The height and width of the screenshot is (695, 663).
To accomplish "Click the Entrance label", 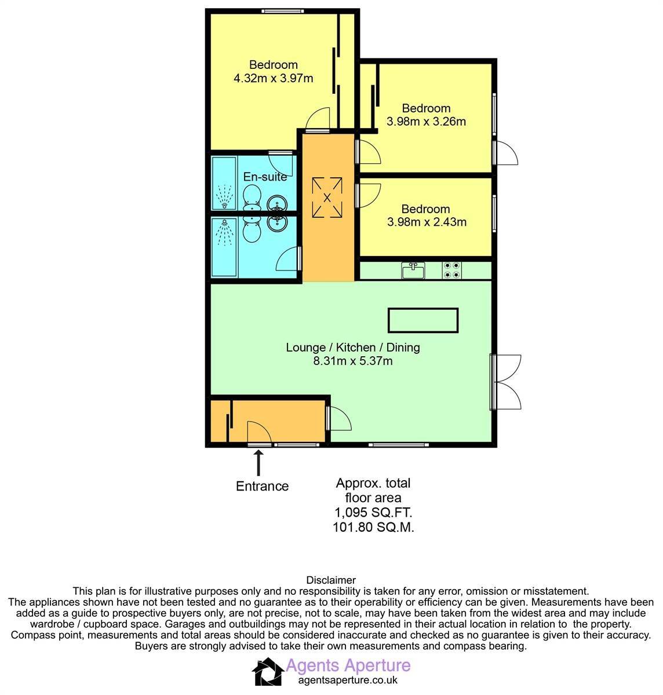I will pyautogui.click(x=262, y=486).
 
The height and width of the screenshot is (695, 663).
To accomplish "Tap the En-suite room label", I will pyautogui.click(x=265, y=177).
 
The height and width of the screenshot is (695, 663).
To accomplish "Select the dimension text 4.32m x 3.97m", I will pyautogui.click(x=273, y=78).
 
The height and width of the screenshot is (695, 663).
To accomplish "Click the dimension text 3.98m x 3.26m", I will pyautogui.click(x=426, y=122).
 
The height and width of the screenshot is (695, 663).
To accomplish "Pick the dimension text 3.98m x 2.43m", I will pyautogui.click(x=426, y=222).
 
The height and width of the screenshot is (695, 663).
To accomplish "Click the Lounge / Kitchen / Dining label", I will pyautogui.click(x=352, y=348).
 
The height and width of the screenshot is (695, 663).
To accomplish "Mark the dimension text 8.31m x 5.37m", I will pyautogui.click(x=352, y=361).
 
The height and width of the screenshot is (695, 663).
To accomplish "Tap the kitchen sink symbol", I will pyautogui.click(x=413, y=270).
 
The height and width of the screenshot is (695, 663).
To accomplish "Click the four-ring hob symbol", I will pyautogui.click(x=452, y=270).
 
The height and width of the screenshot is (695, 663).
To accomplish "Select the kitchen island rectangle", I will pyautogui.click(x=423, y=320).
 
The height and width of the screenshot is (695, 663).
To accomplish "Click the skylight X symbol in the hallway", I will pyautogui.click(x=327, y=197).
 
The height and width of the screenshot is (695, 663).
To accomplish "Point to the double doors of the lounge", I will pyautogui.click(x=508, y=382).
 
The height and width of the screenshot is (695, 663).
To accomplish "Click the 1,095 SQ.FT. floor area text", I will pyautogui.click(x=373, y=513).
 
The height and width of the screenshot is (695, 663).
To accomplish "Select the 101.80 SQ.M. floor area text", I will pyautogui.click(x=373, y=527).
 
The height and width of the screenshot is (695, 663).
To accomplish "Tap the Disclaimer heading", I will pyautogui.click(x=330, y=580).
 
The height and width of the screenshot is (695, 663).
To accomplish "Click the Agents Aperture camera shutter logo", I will pyautogui.click(x=267, y=672).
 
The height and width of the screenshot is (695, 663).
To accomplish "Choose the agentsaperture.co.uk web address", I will pyautogui.click(x=348, y=681).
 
